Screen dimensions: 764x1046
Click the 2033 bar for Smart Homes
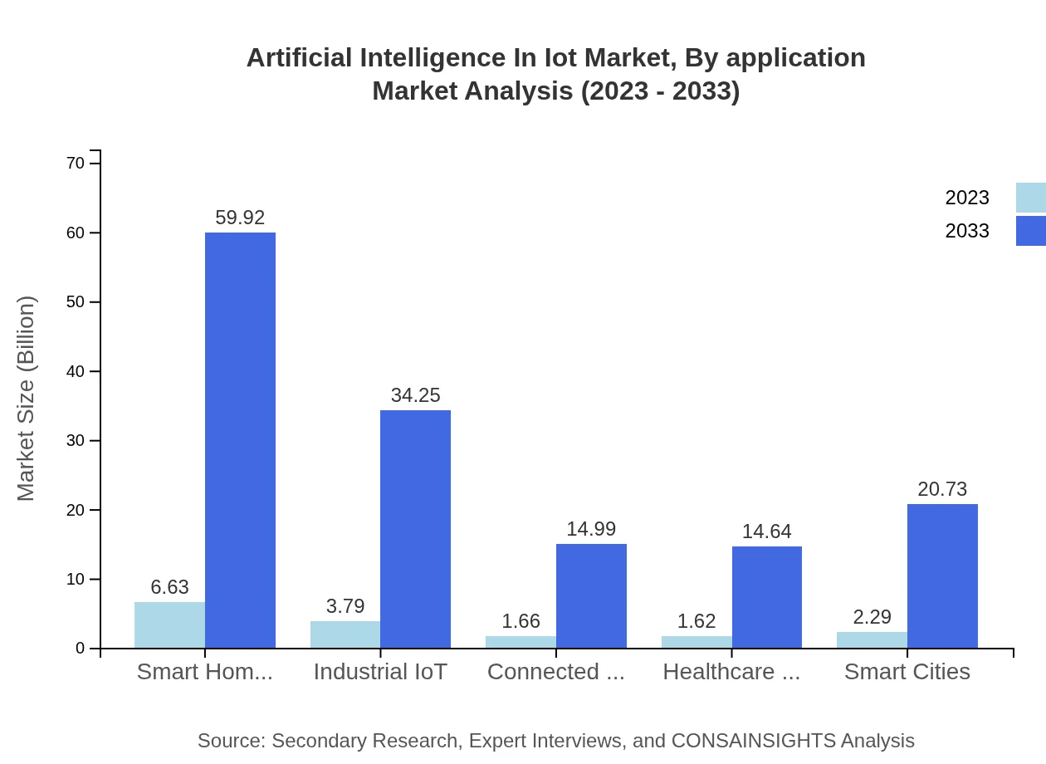tap(240, 440)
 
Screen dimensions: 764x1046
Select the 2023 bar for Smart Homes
tap(169, 625)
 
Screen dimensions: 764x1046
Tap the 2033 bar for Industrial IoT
tap(415, 529)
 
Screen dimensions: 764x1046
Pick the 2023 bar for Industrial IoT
tap(345, 634)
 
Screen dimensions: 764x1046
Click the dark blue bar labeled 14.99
tap(591, 595)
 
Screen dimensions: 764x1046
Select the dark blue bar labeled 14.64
tap(766, 597)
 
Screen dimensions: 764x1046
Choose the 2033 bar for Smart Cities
tap(942, 575)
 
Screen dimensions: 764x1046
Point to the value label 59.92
tap(240, 218)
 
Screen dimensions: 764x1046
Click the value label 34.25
tap(415, 395)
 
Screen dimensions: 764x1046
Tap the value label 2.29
tap(872, 617)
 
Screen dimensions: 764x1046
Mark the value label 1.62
tap(697, 621)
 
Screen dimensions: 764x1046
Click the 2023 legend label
tap(967, 198)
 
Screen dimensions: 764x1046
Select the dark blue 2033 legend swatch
tap(1030, 231)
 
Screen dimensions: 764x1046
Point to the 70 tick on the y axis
tap(76, 164)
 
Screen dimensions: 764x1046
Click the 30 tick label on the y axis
tap(76, 441)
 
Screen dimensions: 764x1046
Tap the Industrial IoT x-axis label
tap(380, 672)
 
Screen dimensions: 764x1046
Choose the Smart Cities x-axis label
tap(907, 672)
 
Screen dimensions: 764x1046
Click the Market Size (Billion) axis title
tap(27, 399)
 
